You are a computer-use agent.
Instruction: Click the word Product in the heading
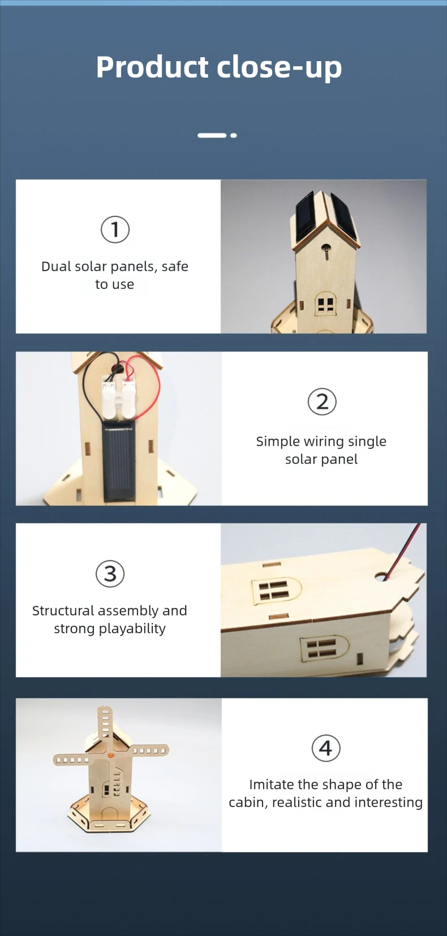[x=152, y=67]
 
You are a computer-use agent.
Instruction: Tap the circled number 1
[x=115, y=229]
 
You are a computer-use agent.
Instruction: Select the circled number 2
[x=322, y=401]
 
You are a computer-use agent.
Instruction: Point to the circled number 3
[x=110, y=573]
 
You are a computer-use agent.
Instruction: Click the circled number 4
[x=326, y=748]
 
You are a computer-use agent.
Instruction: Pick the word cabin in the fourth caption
[x=246, y=802]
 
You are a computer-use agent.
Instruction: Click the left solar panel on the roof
[x=306, y=219]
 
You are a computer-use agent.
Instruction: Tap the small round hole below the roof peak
[x=326, y=247]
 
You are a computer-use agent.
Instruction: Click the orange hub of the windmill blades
[x=110, y=755]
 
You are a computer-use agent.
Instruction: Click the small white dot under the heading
[x=233, y=135]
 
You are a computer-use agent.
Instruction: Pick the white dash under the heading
[x=212, y=135]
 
